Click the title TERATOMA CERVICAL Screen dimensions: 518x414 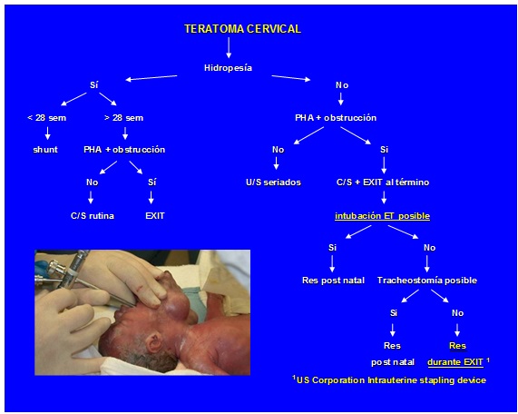point(242,29)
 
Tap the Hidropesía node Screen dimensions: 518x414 point(228,68)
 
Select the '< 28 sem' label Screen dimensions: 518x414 point(46,118)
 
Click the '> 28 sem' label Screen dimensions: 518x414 point(123,118)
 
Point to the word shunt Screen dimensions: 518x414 point(45,150)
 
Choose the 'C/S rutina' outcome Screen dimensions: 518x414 point(93,216)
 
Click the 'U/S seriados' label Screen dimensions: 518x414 point(273,182)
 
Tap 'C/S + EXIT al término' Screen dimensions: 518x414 point(383,182)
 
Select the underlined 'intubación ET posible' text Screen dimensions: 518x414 point(382,216)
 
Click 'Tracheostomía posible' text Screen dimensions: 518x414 point(427,281)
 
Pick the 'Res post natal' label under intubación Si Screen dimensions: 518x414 point(333,281)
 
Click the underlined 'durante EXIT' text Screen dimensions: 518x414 point(455,362)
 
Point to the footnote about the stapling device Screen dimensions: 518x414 point(389,379)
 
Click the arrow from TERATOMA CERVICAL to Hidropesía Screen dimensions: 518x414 point(229,47)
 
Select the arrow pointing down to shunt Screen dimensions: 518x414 point(47,133)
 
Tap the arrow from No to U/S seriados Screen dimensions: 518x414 point(276,163)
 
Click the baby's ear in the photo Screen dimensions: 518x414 point(155,342)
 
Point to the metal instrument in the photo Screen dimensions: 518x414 point(76,271)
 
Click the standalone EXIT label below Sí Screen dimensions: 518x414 point(154,216)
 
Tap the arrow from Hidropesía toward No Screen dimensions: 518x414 point(291,78)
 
